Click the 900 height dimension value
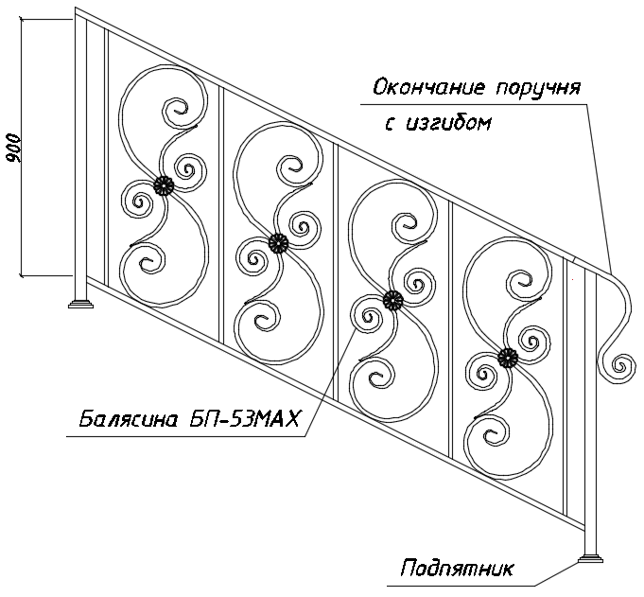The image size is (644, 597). pyautogui.click(x=14, y=148)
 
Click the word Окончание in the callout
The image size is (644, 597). pyautogui.click(x=429, y=88)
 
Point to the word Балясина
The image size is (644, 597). pyautogui.click(x=129, y=419)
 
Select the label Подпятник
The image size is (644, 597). pyautogui.click(x=457, y=569)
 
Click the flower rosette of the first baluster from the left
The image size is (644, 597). pyautogui.click(x=164, y=186)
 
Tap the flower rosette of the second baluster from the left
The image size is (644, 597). pyautogui.click(x=278, y=244)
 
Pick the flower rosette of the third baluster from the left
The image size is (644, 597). pyautogui.click(x=393, y=301)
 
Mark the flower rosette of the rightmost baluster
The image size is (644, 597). pyautogui.click(x=508, y=359)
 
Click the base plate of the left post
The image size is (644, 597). pyautogui.click(x=81, y=305)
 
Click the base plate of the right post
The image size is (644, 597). pyautogui.click(x=591, y=559)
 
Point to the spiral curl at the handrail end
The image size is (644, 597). pyautogui.click(x=619, y=365)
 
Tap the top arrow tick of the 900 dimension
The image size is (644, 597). pyautogui.click(x=22, y=19)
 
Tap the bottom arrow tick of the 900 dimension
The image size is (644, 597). pyautogui.click(x=22, y=275)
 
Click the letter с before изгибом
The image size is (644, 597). pyautogui.click(x=391, y=125)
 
